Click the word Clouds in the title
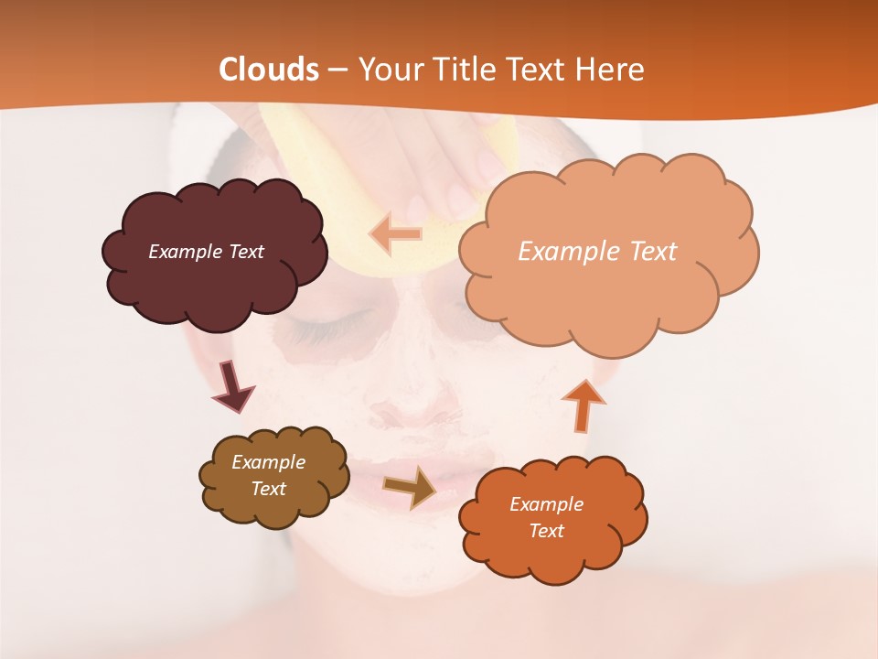pyautogui.click(x=270, y=70)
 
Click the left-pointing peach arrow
pyautogui.click(x=396, y=234)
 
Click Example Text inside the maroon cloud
pyautogui.click(x=206, y=252)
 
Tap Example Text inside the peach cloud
pyautogui.click(x=597, y=252)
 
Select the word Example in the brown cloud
pyautogui.click(x=268, y=462)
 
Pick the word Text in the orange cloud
pyautogui.click(x=546, y=531)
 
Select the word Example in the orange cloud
pyautogui.click(x=546, y=504)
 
